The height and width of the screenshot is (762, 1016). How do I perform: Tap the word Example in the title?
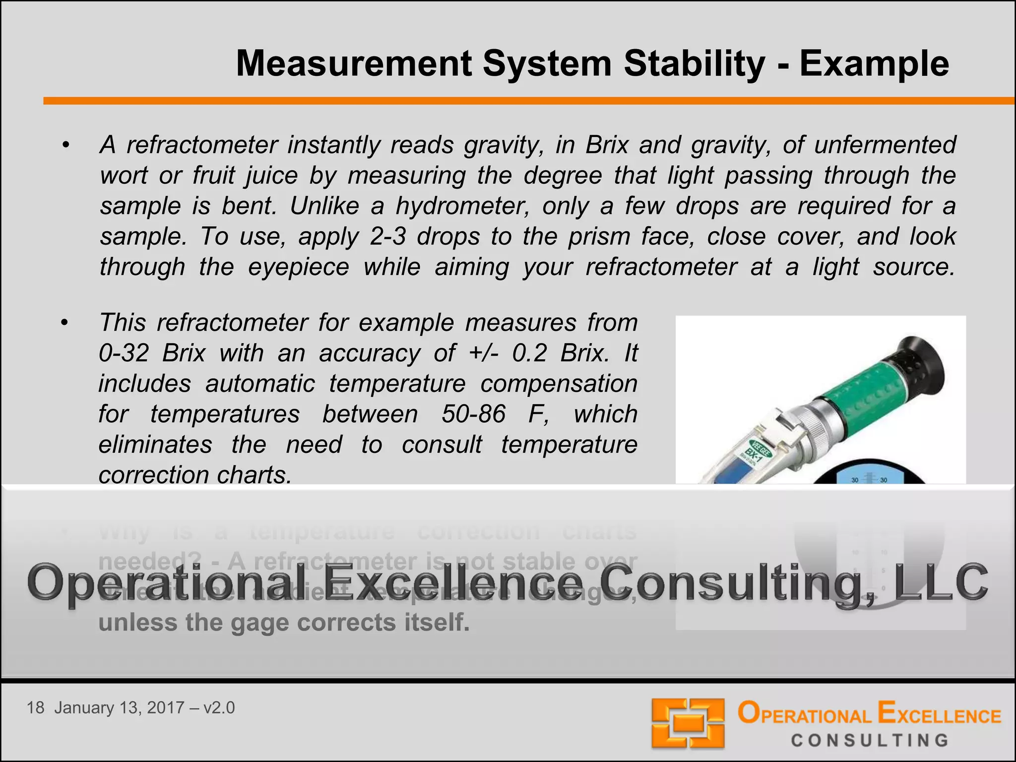click(874, 64)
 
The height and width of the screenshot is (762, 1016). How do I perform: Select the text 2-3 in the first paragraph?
click(387, 237)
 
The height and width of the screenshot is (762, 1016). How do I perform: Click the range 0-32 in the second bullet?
click(124, 353)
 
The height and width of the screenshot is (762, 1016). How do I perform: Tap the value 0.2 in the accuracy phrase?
click(530, 353)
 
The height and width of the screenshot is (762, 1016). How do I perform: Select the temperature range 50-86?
click(473, 414)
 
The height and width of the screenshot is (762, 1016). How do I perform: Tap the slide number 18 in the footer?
click(35, 708)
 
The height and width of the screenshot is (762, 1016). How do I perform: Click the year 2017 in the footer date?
click(166, 708)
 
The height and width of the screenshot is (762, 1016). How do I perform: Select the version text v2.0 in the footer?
click(219, 708)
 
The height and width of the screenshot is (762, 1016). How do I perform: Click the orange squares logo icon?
click(688, 723)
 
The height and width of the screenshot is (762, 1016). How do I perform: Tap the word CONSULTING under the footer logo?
click(870, 741)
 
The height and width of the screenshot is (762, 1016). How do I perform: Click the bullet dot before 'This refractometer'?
click(64, 323)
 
